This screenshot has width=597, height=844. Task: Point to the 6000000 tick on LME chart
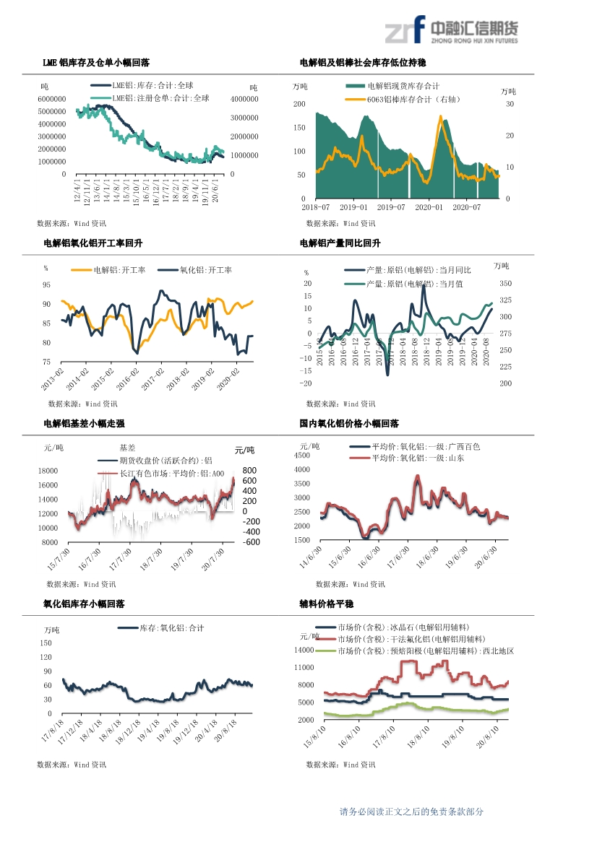coord(52,99)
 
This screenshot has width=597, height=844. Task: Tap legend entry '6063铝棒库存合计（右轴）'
coord(413,100)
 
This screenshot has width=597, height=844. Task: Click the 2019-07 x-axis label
coord(391,207)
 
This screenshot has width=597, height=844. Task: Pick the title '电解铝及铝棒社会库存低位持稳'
coord(362,64)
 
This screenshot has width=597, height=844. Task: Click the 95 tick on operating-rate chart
coord(46,285)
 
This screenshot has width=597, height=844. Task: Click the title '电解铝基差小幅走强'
coord(84,424)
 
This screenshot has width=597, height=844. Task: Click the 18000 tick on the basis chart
coord(48,471)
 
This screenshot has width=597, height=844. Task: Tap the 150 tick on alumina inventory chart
coord(46,643)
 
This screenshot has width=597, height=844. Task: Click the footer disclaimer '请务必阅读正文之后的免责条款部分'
coord(411,812)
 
